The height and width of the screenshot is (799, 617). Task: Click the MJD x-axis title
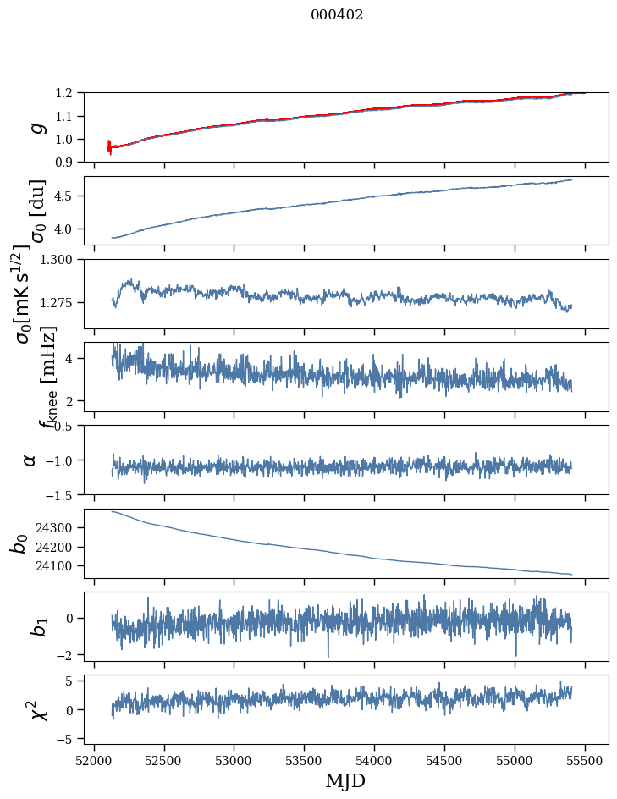pyautogui.click(x=345, y=781)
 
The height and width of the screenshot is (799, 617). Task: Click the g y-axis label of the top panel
pyautogui.click(x=36, y=128)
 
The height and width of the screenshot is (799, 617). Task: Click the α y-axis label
pyautogui.click(x=30, y=460)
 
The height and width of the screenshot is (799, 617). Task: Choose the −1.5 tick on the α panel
pyautogui.click(x=62, y=494)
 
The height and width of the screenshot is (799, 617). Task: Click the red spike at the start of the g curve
pyautogui.click(x=109, y=146)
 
